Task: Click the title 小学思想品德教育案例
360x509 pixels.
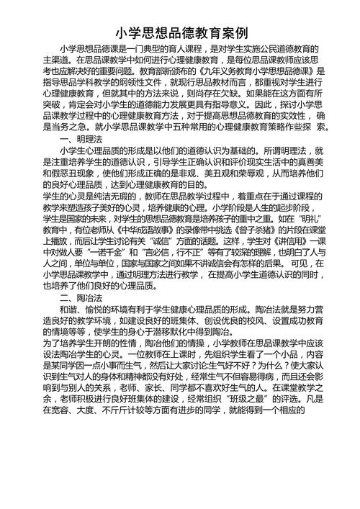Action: [x=181, y=33]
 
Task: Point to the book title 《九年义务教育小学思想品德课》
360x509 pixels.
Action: [x=253, y=72]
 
